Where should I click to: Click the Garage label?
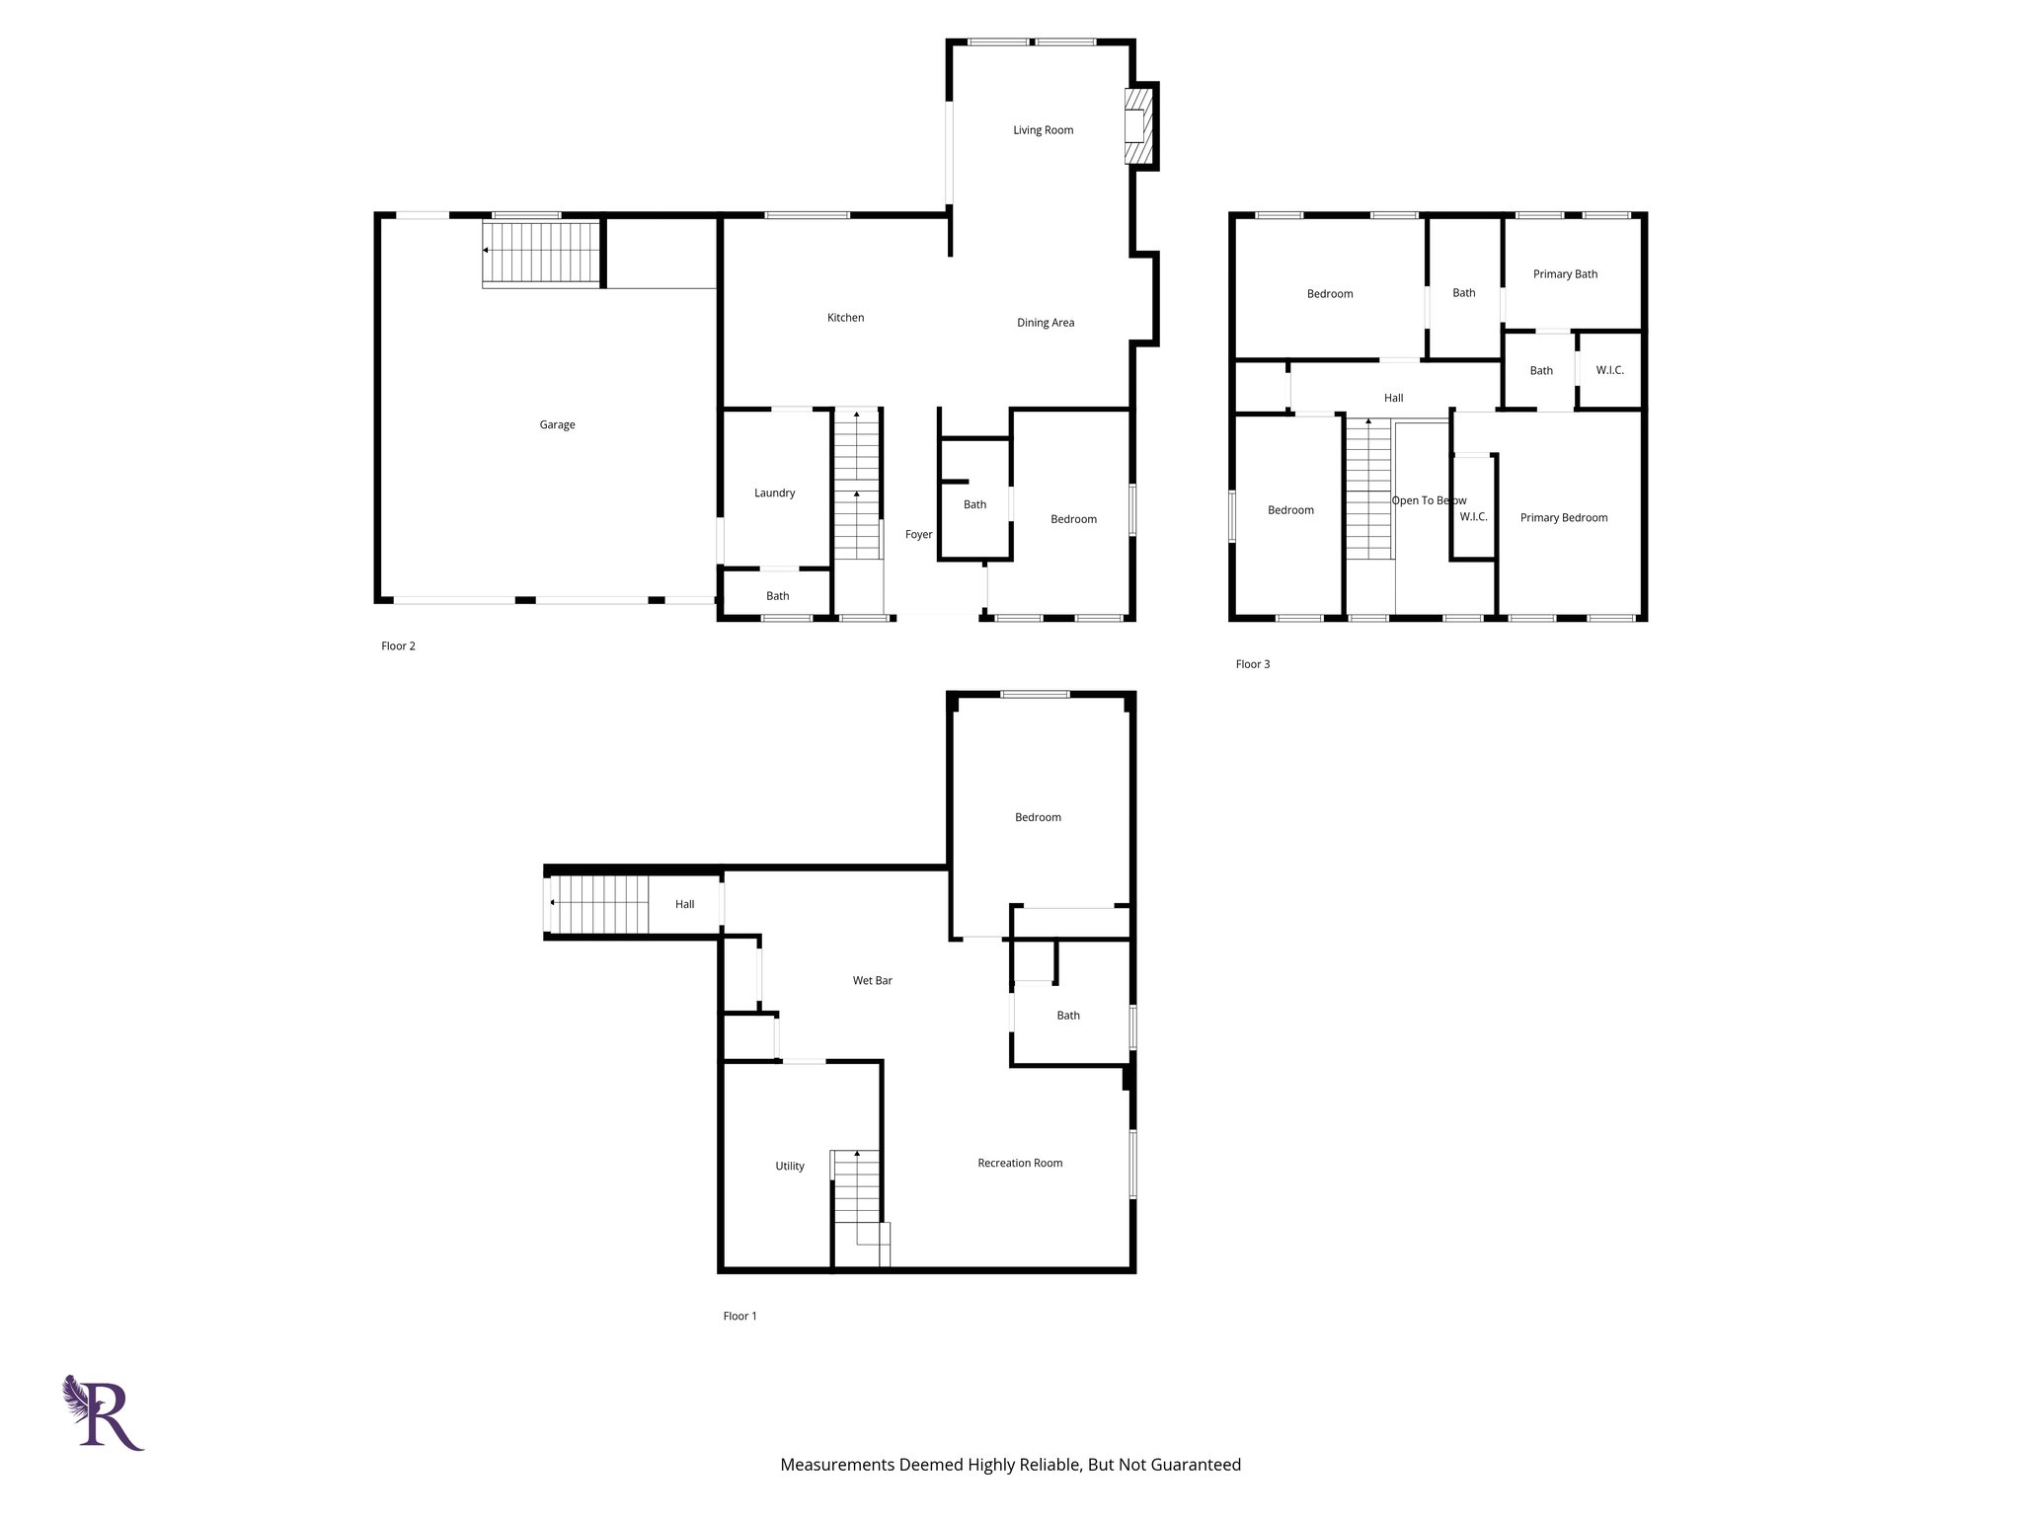pos(557,424)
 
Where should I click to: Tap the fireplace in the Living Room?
pos(1138,126)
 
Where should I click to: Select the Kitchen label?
pos(845,318)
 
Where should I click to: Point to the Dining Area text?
pos(1046,323)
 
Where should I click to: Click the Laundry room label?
pos(774,493)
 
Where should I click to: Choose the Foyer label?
pos(918,534)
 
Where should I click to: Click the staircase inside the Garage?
pos(541,253)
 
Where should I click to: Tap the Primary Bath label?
pos(1565,274)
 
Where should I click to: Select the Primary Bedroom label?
pos(1563,517)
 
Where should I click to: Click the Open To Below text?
pos(1429,500)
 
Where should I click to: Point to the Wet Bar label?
pos(872,980)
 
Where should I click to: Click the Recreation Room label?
pos(1020,1163)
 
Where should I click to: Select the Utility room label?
pos(789,1166)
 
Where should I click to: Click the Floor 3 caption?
pos(1252,664)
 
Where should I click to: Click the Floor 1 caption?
pos(739,1316)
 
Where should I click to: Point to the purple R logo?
pos(105,1412)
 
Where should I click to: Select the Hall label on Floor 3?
pos(1393,398)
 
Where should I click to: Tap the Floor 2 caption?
pos(398,646)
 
